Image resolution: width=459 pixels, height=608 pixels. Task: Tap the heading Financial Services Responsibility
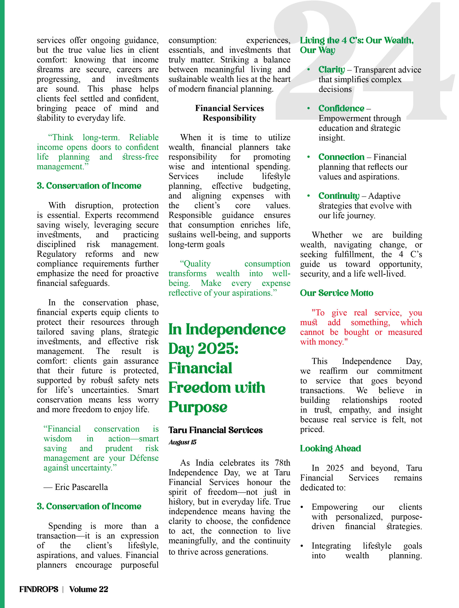pos(229,113)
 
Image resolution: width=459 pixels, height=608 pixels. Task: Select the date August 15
pos(182,442)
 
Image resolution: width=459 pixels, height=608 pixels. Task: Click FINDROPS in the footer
pos(39,589)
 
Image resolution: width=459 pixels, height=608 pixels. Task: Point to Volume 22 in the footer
pos(89,589)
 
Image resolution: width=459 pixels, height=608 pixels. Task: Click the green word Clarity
pos(331,70)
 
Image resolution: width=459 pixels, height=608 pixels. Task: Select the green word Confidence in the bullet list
pos(341,108)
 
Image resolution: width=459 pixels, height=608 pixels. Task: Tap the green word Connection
pos(341,157)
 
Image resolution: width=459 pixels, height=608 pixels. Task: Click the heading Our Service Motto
pos(336,293)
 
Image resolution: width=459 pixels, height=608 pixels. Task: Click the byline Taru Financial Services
pos(215,430)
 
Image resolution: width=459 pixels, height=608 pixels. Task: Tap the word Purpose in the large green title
pos(198,407)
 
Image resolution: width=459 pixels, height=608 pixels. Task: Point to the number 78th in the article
pos(282,463)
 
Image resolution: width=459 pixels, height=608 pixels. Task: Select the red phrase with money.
pos(324,342)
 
